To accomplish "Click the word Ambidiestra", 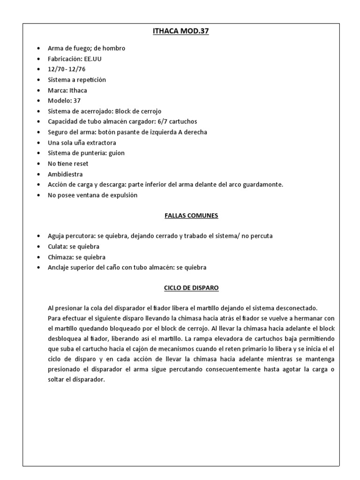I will (65, 174).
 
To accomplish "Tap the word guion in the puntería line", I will (116, 153).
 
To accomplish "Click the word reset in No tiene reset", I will (80, 164).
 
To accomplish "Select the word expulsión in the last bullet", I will (122, 195).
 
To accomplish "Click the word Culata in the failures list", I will (57, 247).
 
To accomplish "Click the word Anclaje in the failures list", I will (59, 268).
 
